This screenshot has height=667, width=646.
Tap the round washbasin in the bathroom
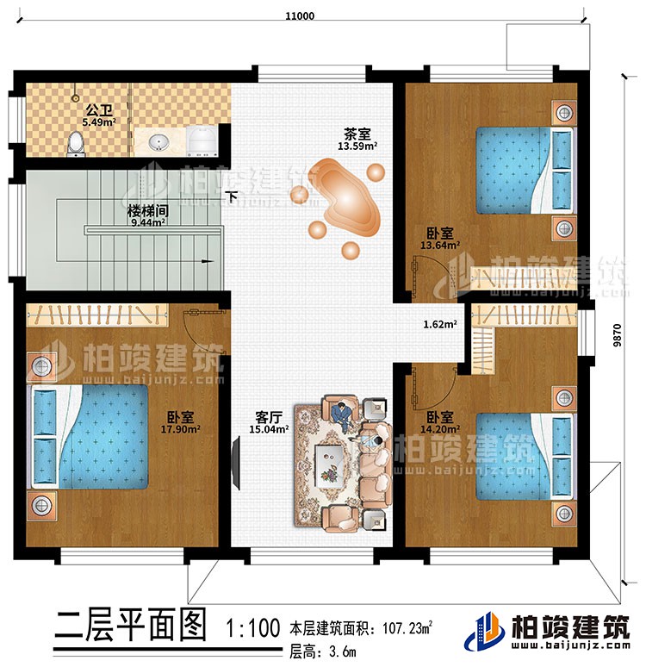click(x=158, y=142)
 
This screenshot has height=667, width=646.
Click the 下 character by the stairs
click(x=233, y=196)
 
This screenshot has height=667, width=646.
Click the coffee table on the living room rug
click(x=328, y=460)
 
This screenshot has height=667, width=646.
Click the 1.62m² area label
click(x=439, y=326)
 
